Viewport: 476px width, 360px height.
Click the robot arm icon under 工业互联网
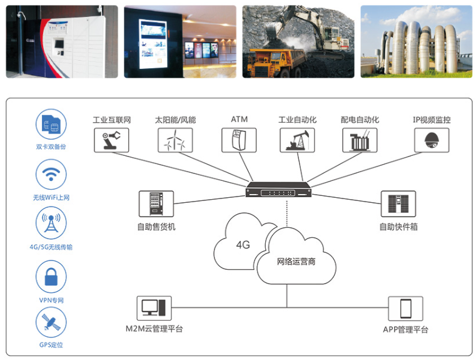(x=112, y=140)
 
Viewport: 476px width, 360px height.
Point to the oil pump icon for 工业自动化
(x=296, y=140)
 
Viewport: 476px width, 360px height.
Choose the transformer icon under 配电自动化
(x=360, y=140)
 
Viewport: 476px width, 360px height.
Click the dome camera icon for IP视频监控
(x=432, y=140)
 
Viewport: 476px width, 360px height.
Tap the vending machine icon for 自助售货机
(x=156, y=203)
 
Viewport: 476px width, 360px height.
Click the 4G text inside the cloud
(x=243, y=245)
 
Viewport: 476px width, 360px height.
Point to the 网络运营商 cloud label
(x=296, y=261)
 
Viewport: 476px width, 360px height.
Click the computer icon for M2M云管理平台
(x=154, y=307)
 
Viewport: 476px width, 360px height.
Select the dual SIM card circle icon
(x=51, y=125)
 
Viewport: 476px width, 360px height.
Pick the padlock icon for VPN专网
(x=51, y=276)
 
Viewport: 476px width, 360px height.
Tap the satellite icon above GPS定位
(x=51, y=324)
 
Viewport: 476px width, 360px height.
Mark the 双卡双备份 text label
(x=51, y=147)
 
